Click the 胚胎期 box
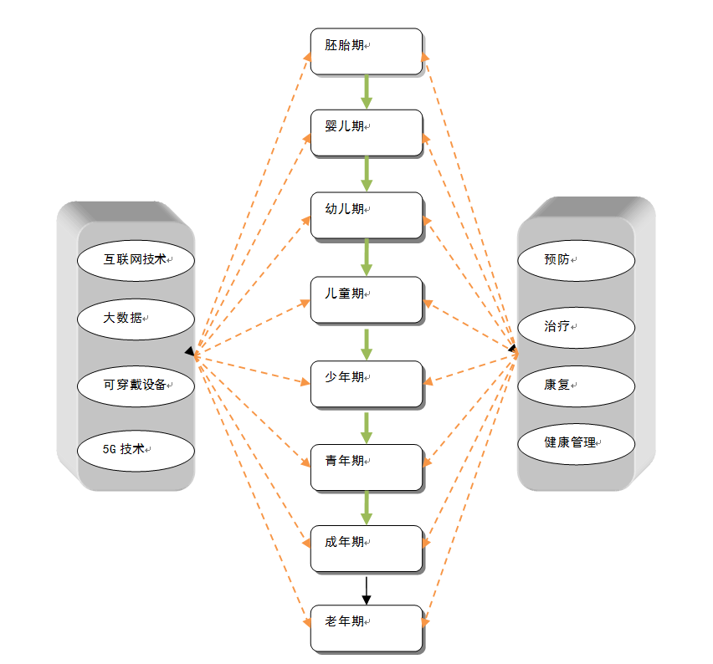coord(366,51)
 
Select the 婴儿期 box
coord(366,132)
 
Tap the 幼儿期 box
coord(366,215)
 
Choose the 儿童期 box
coord(366,299)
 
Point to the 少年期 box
coord(366,383)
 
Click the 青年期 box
coord(366,467)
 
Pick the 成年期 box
coord(366,548)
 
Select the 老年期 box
coord(366,627)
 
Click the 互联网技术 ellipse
coord(136,258)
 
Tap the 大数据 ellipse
coord(136,318)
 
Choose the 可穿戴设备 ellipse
coord(136,385)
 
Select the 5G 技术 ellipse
coord(136,449)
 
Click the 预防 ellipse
coord(576,260)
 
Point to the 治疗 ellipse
coord(576,326)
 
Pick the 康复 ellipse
coord(576,385)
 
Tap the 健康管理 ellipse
coord(576,442)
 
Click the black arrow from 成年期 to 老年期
coord(366,589)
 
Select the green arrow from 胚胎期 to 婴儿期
coord(366,91)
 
